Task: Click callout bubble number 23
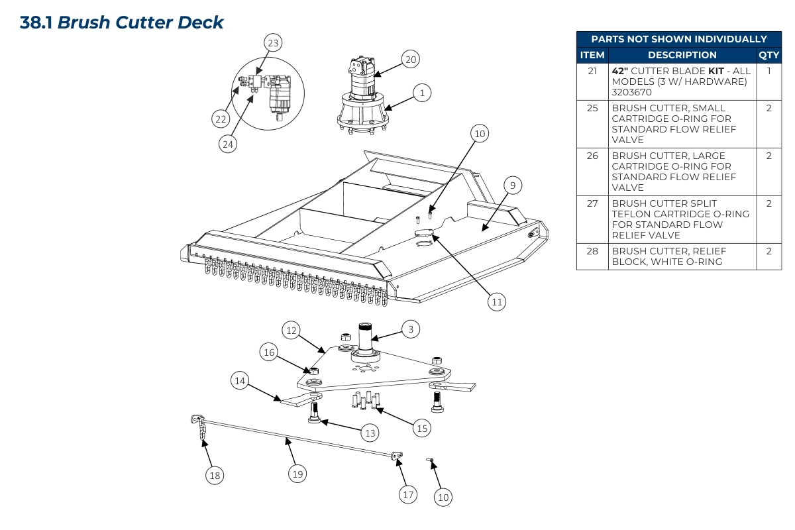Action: point(273,43)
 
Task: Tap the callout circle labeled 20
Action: point(410,60)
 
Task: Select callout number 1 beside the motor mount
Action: point(422,93)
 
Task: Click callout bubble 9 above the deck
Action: point(512,185)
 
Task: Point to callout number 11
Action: point(497,302)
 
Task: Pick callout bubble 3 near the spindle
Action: point(410,329)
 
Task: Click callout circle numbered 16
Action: point(269,352)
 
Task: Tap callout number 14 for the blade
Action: point(240,381)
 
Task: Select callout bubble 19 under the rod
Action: point(297,473)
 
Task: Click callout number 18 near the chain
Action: point(214,475)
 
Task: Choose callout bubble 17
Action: point(408,494)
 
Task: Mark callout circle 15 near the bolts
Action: point(421,428)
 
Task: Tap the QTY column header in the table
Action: point(768,55)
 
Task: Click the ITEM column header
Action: point(592,55)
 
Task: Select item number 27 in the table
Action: point(592,203)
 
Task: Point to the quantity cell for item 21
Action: point(768,70)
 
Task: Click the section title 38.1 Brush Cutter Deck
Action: point(122,22)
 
